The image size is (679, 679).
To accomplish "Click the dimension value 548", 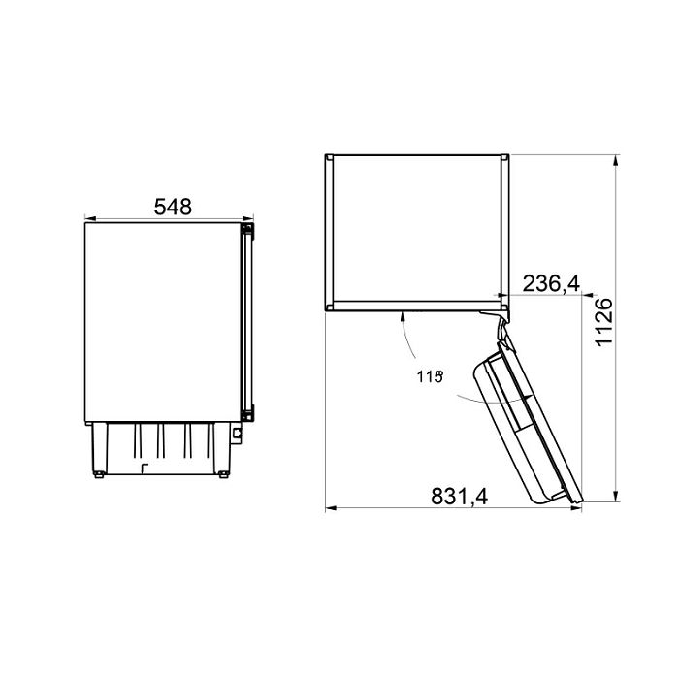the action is click(x=173, y=207).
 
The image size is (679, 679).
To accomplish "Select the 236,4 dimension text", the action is click(x=551, y=283).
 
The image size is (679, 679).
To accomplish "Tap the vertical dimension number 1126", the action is click(x=604, y=322).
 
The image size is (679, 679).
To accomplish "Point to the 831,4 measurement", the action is click(x=460, y=497).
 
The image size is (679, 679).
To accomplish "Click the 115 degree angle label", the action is click(x=430, y=376).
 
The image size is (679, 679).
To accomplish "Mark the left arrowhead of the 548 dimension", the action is click(x=90, y=218).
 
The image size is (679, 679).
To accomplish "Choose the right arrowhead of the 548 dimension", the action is click(x=248, y=218).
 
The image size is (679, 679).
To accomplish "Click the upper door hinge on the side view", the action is click(x=248, y=231).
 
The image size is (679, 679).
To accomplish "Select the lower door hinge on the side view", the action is click(x=248, y=412).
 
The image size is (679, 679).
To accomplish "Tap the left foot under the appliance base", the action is click(x=99, y=474).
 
